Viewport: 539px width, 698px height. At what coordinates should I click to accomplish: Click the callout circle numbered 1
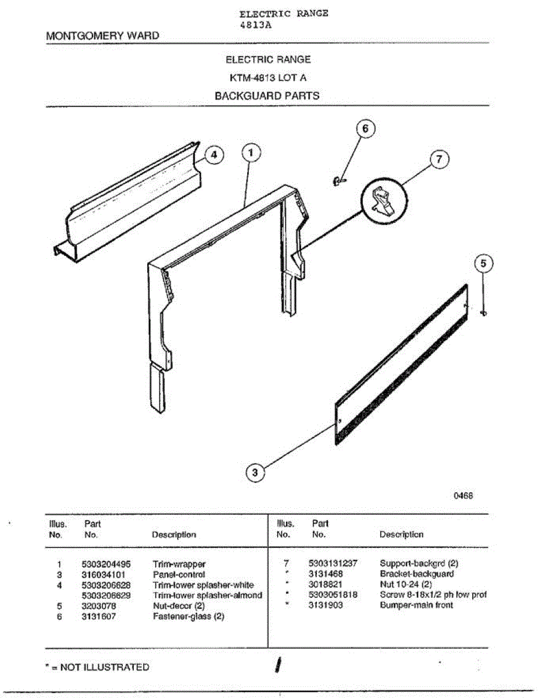[x=251, y=153]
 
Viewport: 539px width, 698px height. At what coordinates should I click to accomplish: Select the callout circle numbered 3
[x=254, y=473]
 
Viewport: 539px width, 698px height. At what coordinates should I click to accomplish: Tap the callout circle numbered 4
[x=214, y=155]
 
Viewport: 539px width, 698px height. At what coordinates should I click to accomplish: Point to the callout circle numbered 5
[x=484, y=263]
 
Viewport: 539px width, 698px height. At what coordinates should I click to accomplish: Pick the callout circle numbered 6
[x=365, y=129]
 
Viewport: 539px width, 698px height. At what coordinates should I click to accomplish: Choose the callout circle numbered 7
[x=440, y=159]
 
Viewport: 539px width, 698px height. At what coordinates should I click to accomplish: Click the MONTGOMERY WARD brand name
[x=102, y=36]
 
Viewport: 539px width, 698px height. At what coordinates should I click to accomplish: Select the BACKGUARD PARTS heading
[x=267, y=96]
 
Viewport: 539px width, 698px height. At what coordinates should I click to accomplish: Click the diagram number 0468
[x=463, y=496]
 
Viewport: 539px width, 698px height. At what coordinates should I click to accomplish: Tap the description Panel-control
[x=179, y=574]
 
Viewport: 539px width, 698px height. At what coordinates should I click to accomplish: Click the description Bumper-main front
[x=416, y=605]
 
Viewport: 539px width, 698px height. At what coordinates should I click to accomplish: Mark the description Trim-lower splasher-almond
[x=207, y=595]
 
